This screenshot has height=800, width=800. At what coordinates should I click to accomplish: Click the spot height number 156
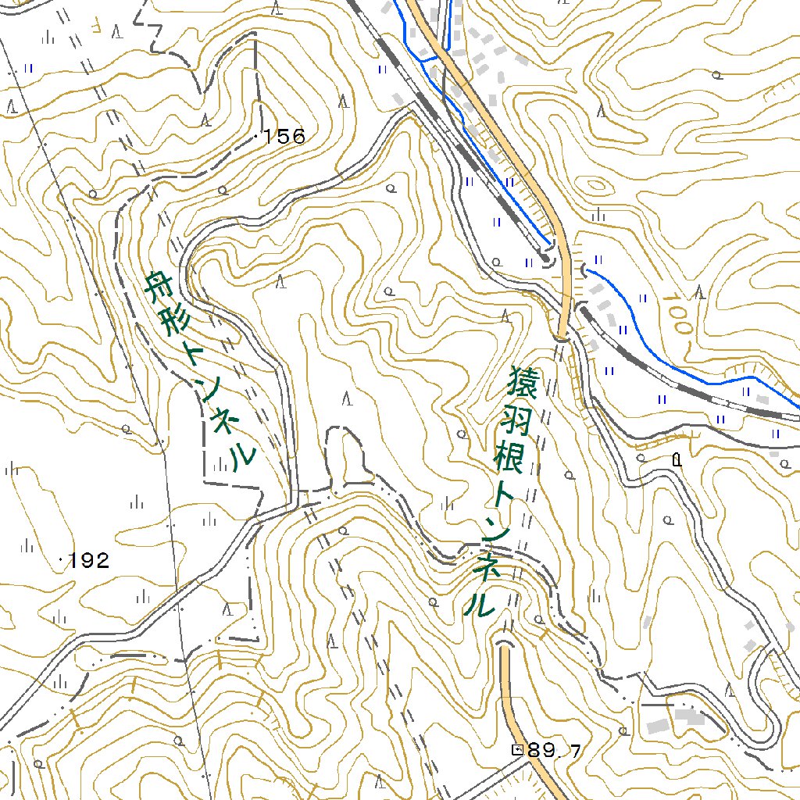[284, 137]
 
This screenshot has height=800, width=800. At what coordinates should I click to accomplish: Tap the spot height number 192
[88, 560]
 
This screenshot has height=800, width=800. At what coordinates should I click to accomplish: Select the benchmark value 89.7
[554, 751]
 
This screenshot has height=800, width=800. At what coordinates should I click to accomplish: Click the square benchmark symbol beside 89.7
[517, 749]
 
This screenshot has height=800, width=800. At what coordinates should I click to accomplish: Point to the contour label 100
[679, 316]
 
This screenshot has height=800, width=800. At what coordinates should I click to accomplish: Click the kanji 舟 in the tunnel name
[159, 289]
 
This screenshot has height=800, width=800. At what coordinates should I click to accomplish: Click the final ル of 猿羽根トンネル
[478, 602]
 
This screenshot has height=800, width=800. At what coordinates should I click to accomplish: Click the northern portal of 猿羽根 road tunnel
[561, 337]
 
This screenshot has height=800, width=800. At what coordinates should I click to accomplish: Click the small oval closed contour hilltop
[596, 186]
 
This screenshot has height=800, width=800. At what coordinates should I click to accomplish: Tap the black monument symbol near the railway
[677, 460]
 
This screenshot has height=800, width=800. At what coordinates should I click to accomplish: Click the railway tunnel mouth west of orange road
[548, 258]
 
